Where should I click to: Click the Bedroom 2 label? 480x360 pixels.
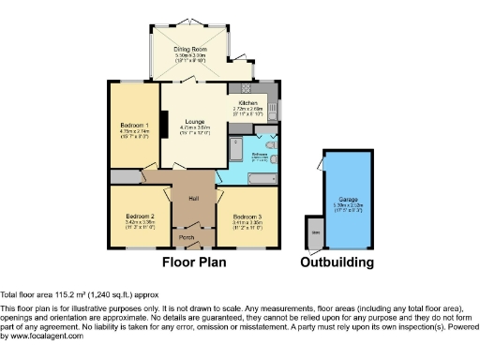[139, 217]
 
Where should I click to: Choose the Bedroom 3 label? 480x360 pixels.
[247, 217]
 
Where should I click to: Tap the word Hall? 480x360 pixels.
[192, 198]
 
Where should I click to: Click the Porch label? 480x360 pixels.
[187, 237]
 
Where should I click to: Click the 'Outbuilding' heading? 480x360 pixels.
[337, 262]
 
